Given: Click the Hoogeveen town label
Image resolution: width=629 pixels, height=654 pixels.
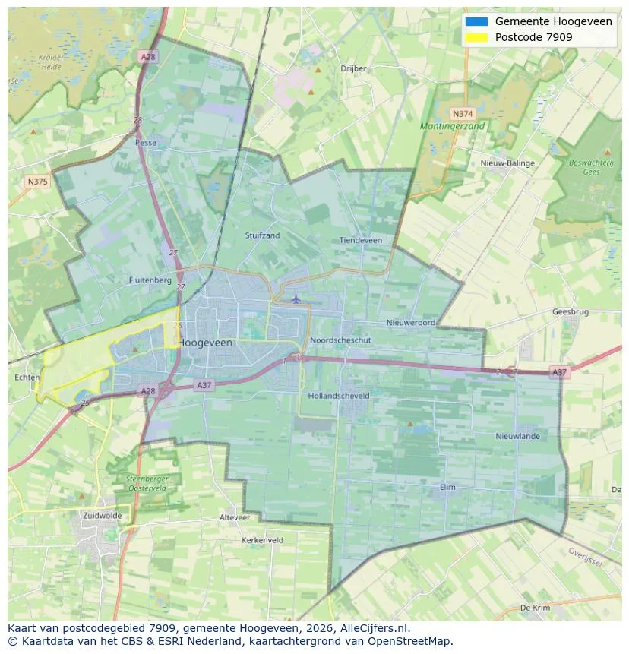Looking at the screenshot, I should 206,343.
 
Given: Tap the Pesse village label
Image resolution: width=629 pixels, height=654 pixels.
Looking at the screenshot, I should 146,142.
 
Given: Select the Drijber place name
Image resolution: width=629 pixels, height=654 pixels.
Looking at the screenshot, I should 353,68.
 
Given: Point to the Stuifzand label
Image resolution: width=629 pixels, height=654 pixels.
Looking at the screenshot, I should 262,235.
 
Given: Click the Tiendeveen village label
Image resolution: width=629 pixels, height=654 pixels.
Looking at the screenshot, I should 361,240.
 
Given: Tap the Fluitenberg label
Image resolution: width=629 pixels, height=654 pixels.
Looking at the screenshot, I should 150,280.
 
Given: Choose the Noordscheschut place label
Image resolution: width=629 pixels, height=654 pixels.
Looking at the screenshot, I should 340,340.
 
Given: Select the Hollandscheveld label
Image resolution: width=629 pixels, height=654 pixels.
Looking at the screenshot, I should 339,396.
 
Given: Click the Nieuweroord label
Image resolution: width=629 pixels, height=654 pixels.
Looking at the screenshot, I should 411,323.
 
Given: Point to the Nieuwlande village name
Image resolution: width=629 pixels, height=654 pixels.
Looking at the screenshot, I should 517,436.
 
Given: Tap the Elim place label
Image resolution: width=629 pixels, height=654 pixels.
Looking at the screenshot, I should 448,487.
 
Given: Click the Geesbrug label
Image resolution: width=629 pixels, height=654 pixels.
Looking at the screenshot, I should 571,312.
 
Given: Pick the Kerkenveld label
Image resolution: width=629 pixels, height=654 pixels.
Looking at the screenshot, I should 262,540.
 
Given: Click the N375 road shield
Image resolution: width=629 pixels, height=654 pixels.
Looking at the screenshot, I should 36,182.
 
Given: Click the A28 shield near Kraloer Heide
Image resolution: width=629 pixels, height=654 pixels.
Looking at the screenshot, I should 147,57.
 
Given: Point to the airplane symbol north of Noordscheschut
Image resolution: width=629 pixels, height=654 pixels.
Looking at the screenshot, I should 296,299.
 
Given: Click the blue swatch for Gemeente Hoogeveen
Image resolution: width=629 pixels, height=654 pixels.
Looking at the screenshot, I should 476,21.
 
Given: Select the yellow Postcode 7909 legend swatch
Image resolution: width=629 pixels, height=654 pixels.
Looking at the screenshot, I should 476,37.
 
